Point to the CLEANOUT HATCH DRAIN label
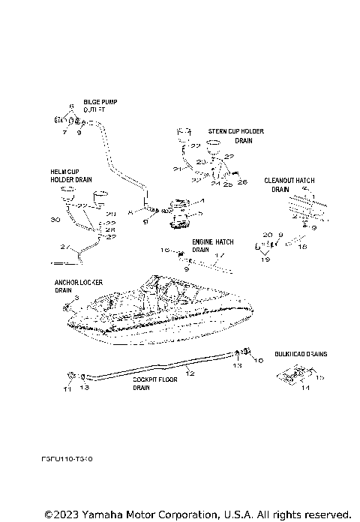[288, 184]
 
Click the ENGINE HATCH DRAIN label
[212, 245]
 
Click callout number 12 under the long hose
[190, 373]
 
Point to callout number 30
[53, 220]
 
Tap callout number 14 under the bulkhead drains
[304, 388]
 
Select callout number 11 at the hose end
[66, 389]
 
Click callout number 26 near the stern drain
[241, 182]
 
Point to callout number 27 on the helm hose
[64, 246]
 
